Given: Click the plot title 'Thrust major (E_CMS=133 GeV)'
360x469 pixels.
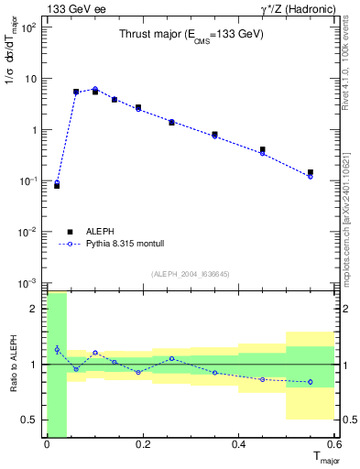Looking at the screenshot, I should point(191,35).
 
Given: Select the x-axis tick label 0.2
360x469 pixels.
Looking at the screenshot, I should point(142,445).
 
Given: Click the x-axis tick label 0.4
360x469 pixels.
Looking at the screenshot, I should point(238,445).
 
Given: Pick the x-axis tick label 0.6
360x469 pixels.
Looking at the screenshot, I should point(333,445).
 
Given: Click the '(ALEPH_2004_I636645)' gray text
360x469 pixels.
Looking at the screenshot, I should point(191,275).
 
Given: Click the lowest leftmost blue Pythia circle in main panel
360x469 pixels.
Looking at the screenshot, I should point(57,182).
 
